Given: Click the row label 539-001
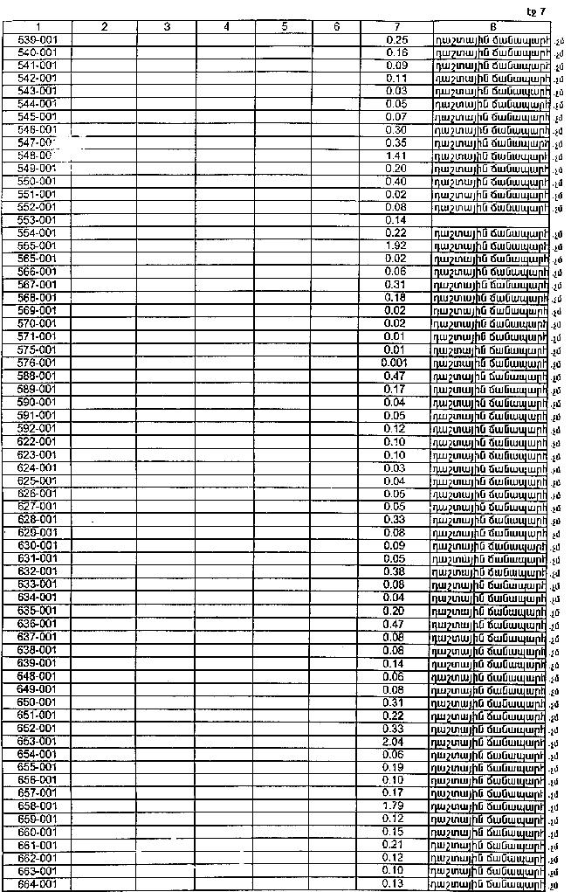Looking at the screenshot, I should [x=38, y=40].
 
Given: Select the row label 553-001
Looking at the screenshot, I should [x=38, y=220].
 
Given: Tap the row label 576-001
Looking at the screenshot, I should [x=38, y=363].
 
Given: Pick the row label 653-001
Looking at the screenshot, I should [x=38, y=741].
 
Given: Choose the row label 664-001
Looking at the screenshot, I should [x=38, y=884].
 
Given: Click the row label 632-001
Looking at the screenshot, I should [x=38, y=571].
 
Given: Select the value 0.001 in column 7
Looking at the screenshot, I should [x=395, y=363].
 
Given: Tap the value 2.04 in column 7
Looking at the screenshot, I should [x=396, y=741].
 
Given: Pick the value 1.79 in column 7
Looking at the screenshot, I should [x=396, y=806].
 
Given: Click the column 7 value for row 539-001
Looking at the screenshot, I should [x=396, y=40].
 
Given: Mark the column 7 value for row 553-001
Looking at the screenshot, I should [x=396, y=220].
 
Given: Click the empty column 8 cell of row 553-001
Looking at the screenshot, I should [x=491, y=220].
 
